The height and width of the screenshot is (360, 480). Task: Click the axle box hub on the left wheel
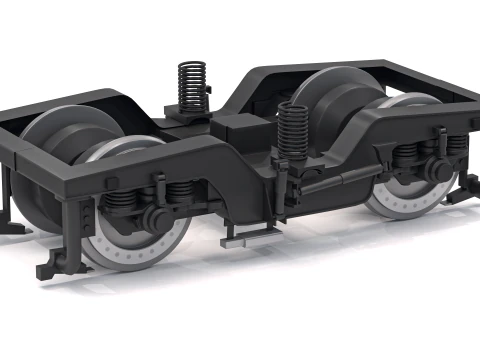[154, 217]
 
